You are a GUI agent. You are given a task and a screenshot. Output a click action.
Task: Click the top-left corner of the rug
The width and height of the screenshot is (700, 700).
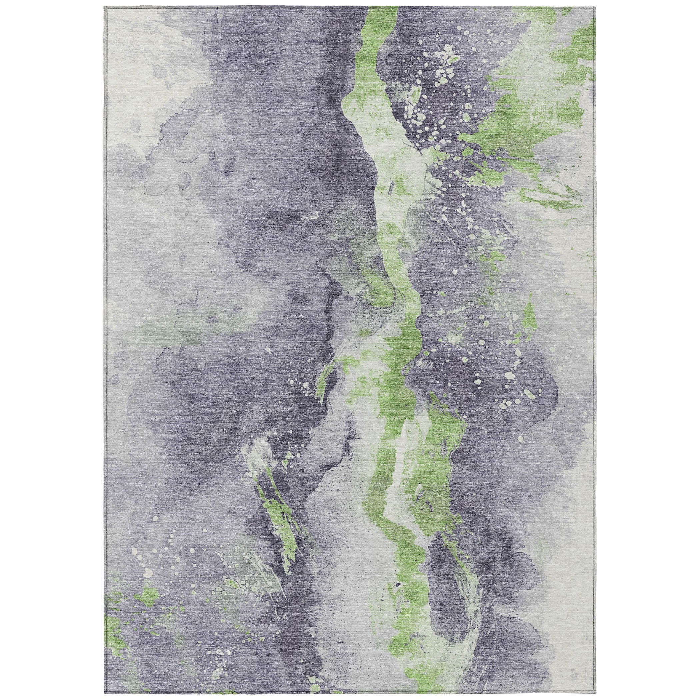point(105,7)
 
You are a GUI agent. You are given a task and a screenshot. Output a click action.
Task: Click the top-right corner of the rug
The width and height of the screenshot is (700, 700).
point(596,7)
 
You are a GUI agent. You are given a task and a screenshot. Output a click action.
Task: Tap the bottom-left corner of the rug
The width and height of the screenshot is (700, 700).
point(105,693)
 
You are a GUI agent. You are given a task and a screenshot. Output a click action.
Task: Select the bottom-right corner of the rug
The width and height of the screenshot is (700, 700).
point(596,693)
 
